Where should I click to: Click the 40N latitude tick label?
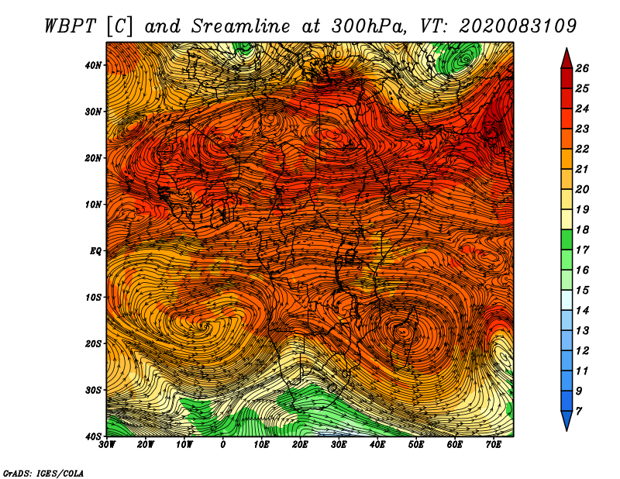click(x=93, y=65)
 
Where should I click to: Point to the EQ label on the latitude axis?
click(x=95, y=251)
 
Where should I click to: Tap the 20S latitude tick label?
click(x=93, y=343)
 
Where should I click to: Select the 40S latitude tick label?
click(x=93, y=436)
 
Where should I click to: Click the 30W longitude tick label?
click(x=106, y=445)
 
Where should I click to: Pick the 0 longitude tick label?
click(x=223, y=445)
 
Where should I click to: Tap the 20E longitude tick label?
click(x=300, y=445)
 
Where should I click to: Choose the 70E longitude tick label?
click(x=494, y=445)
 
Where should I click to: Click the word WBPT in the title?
click(x=71, y=26)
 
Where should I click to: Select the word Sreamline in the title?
click(x=241, y=26)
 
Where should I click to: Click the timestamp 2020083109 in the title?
click(x=518, y=26)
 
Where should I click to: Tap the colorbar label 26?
click(x=582, y=68)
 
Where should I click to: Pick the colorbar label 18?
click(x=582, y=229)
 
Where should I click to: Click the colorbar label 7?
click(x=578, y=412)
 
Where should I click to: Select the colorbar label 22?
click(x=582, y=149)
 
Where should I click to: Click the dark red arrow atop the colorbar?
click(x=567, y=59)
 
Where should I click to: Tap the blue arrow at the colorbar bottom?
click(x=567, y=421)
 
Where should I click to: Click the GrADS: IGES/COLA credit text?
click(x=43, y=473)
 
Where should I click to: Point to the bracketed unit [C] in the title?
click(x=120, y=26)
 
